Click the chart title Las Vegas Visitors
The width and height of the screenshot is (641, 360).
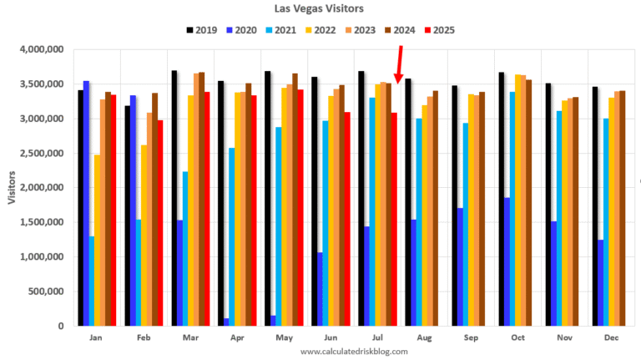(320, 8)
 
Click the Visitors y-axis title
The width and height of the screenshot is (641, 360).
(13, 187)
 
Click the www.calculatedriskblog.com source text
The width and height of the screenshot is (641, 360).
(354, 352)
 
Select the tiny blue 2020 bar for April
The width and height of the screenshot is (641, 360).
(226, 322)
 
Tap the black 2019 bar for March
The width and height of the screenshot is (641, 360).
(174, 199)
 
